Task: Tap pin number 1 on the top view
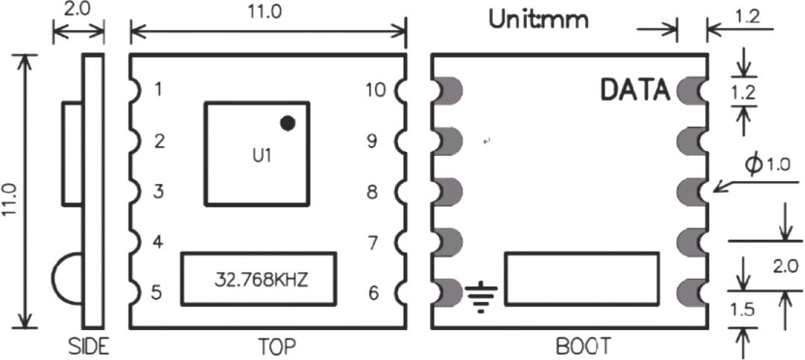click(x=157, y=90)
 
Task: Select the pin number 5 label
click(x=158, y=293)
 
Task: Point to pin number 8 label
click(x=373, y=192)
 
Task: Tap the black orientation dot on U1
click(x=288, y=123)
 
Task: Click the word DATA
click(x=636, y=90)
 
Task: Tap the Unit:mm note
click(x=537, y=20)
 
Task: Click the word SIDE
click(x=89, y=347)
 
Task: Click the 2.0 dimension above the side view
click(x=78, y=11)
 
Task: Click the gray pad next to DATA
click(x=688, y=90)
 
